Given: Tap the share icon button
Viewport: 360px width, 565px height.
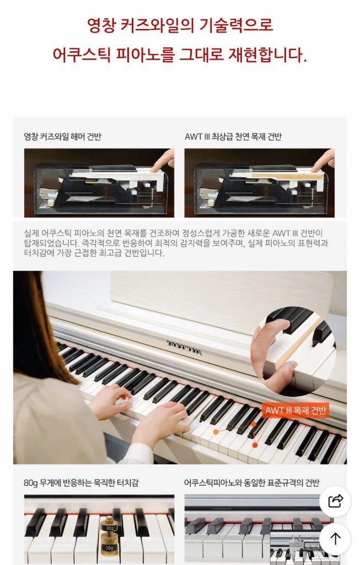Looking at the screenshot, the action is (335, 501).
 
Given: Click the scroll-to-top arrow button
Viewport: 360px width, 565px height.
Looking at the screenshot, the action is (335, 539).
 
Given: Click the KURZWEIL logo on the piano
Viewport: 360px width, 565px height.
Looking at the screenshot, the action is (184, 348).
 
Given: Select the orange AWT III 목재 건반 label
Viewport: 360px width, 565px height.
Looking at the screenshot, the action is (295, 410).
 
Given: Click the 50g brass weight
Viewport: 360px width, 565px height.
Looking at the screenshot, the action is (109, 547).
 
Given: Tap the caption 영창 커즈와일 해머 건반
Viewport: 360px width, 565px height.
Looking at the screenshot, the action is (63, 137).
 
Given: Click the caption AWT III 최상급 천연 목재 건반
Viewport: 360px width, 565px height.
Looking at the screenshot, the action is (233, 137).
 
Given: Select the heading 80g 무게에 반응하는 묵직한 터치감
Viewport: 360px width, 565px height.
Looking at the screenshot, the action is (81, 482).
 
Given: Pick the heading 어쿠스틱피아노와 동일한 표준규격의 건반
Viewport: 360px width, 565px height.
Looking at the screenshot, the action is (251, 482).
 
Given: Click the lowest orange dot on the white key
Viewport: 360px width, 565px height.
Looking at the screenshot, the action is (255, 445).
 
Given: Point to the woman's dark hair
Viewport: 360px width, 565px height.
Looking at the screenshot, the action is (40, 324).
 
